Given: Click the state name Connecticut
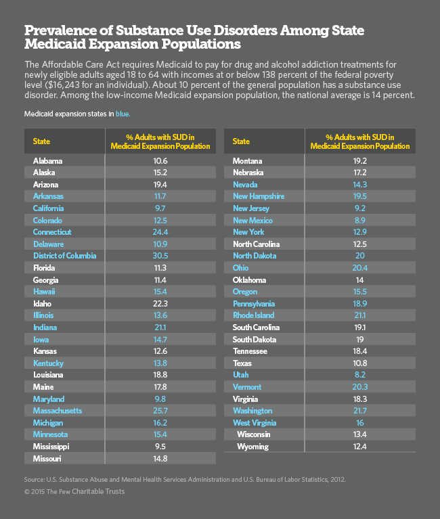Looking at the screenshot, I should point(52,232).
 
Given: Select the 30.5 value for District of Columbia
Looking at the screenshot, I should point(160,256).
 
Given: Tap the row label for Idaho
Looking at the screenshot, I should point(42,303).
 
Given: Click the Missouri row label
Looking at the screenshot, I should point(47,459).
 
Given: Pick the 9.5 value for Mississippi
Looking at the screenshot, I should point(160,447).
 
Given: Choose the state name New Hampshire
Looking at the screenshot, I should point(259,196).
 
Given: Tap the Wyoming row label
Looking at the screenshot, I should point(252,447).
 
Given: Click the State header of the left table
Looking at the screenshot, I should point(42,141).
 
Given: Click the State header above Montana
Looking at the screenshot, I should point(241,141).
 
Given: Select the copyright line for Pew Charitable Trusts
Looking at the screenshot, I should point(74,491).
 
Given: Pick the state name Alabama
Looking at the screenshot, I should point(47,160).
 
